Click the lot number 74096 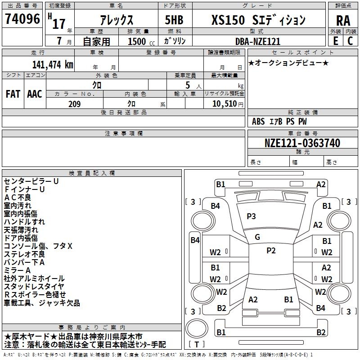click(x=22, y=20)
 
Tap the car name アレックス click(x=116, y=21)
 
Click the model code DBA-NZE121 click(x=257, y=41)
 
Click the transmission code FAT click(x=13, y=94)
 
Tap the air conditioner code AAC click(x=35, y=94)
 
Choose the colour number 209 click(x=74, y=104)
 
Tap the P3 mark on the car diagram click(x=251, y=216)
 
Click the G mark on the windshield click(x=257, y=237)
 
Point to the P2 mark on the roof click(x=271, y=251)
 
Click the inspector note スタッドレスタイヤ click(x=34, y=287)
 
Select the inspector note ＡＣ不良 click(x=18, y=197)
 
